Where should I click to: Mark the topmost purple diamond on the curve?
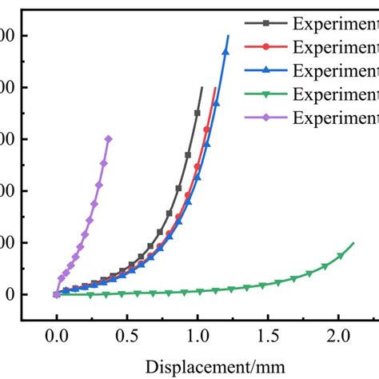coord(108,138)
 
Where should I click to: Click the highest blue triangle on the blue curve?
coord(225,52)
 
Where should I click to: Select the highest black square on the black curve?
coord(197,113)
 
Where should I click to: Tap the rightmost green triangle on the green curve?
coord(341,256)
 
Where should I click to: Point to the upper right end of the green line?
coord(353,242)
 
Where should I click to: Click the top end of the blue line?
coord(228,35)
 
